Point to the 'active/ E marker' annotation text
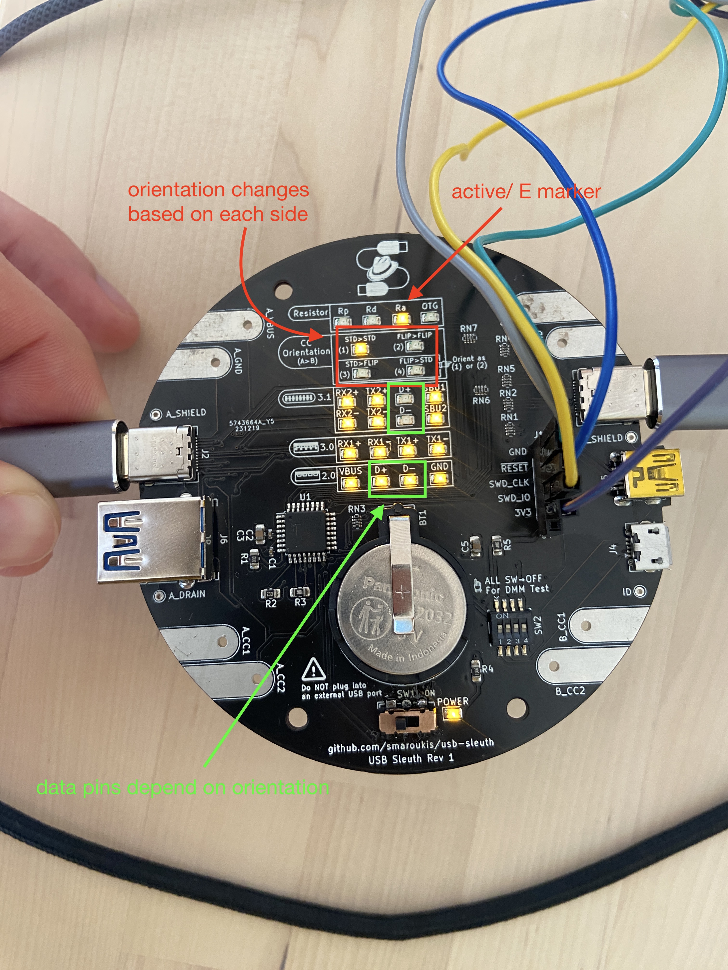[526, 192]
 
